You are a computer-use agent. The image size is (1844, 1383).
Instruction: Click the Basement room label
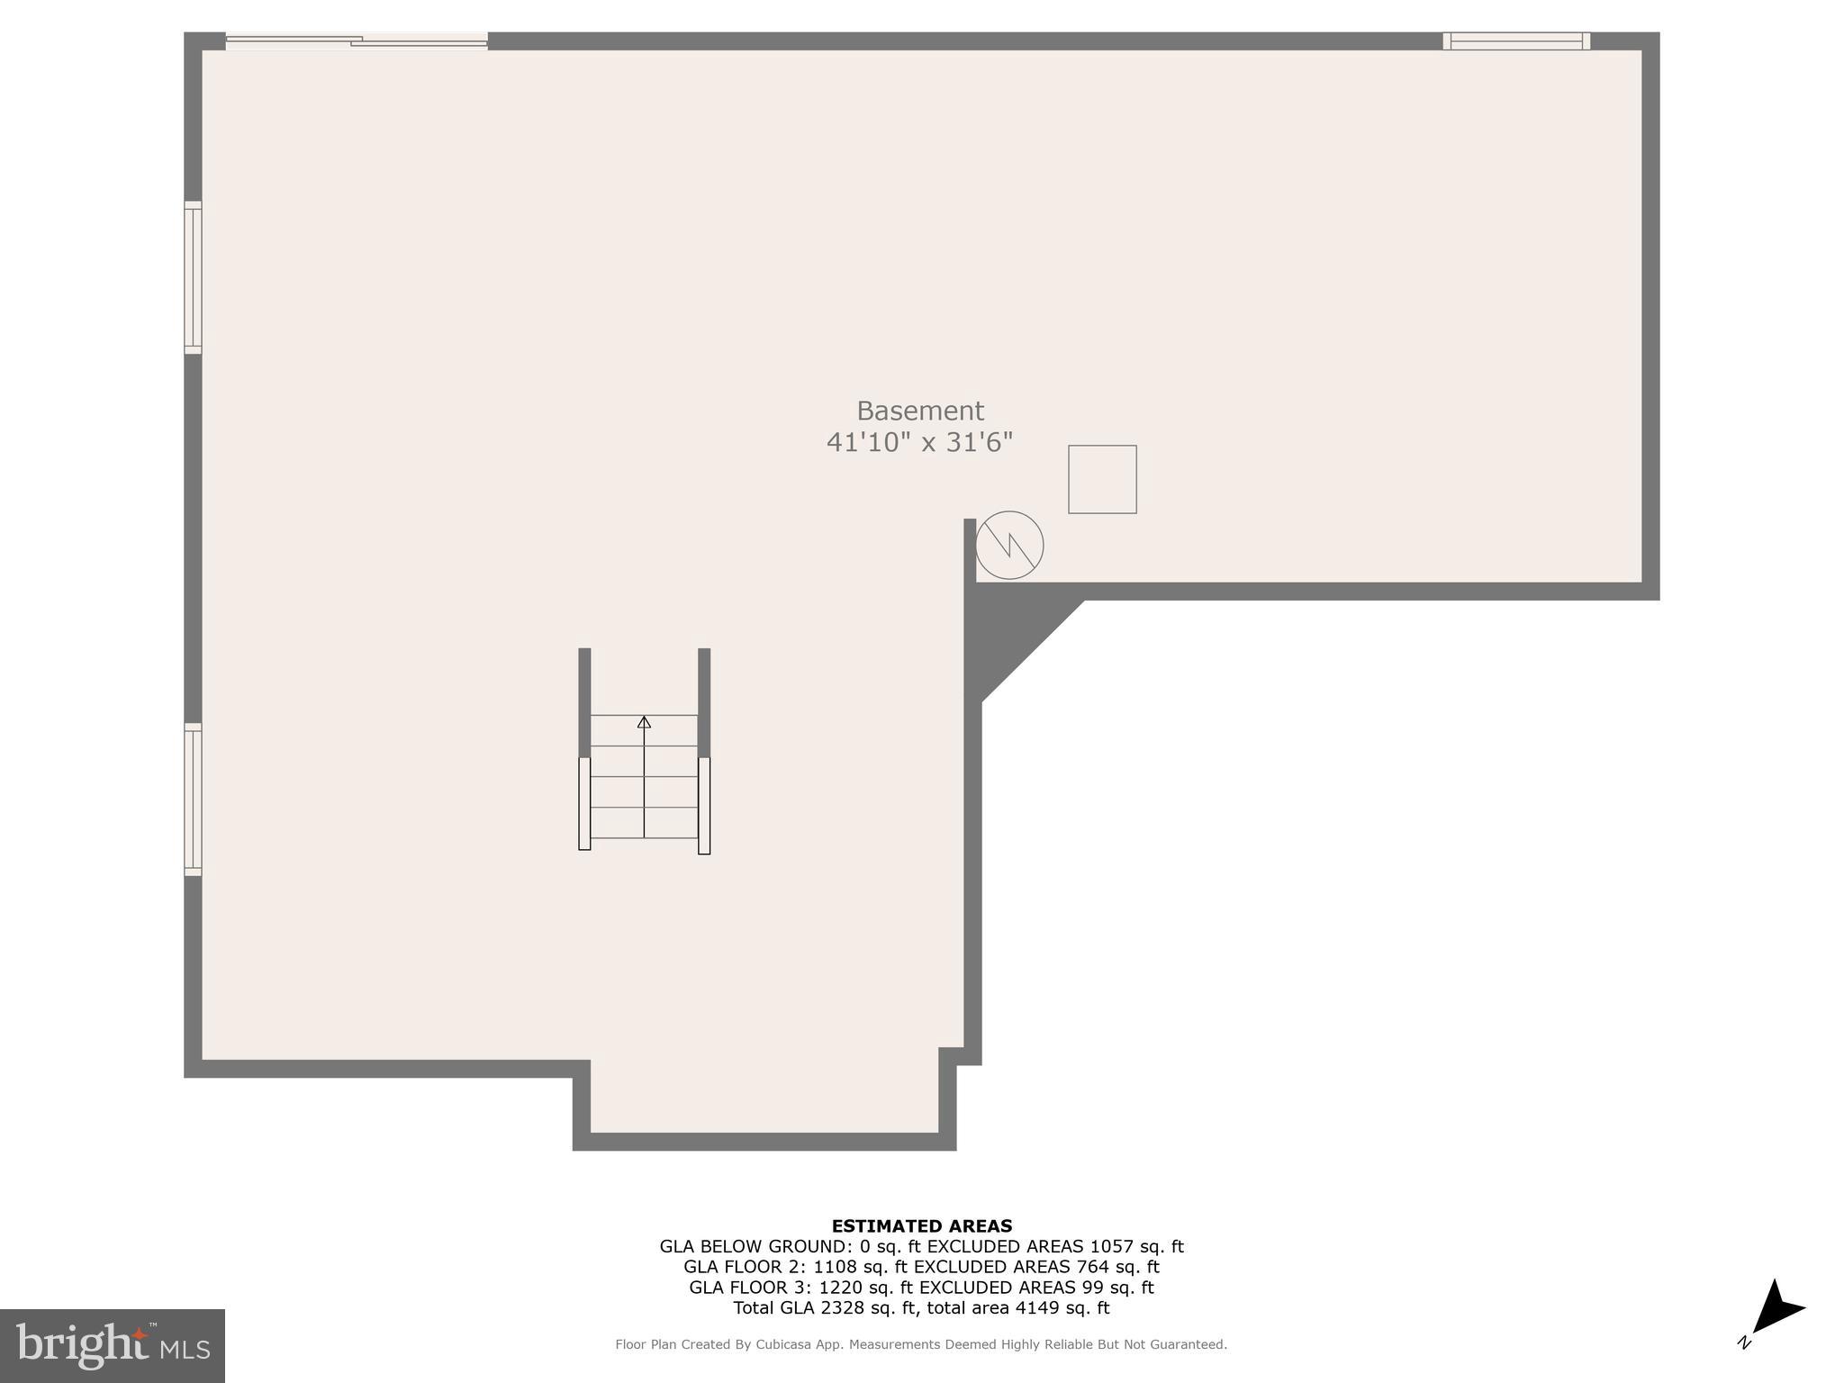919,411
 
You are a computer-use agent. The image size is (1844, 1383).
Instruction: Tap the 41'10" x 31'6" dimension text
919,442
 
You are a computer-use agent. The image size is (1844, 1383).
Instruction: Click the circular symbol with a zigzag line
1009,545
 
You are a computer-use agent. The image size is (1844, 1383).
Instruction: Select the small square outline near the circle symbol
1102,479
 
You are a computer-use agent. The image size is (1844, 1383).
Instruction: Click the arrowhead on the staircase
644,721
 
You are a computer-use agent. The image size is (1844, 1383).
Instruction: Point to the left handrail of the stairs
584,803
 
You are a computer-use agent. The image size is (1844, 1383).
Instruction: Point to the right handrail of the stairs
704,805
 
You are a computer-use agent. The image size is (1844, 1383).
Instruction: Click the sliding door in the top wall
357,41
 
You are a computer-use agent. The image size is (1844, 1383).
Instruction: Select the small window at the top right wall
1516,41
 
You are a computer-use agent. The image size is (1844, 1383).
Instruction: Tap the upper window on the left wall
193,277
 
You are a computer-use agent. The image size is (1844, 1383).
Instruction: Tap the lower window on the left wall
193,799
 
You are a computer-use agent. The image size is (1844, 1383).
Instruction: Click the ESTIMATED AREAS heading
921,1225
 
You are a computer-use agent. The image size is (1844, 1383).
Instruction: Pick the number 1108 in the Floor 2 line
835,1267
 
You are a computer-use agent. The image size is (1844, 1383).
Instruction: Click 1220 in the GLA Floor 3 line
840,1288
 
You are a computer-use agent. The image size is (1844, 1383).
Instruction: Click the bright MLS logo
112,1345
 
